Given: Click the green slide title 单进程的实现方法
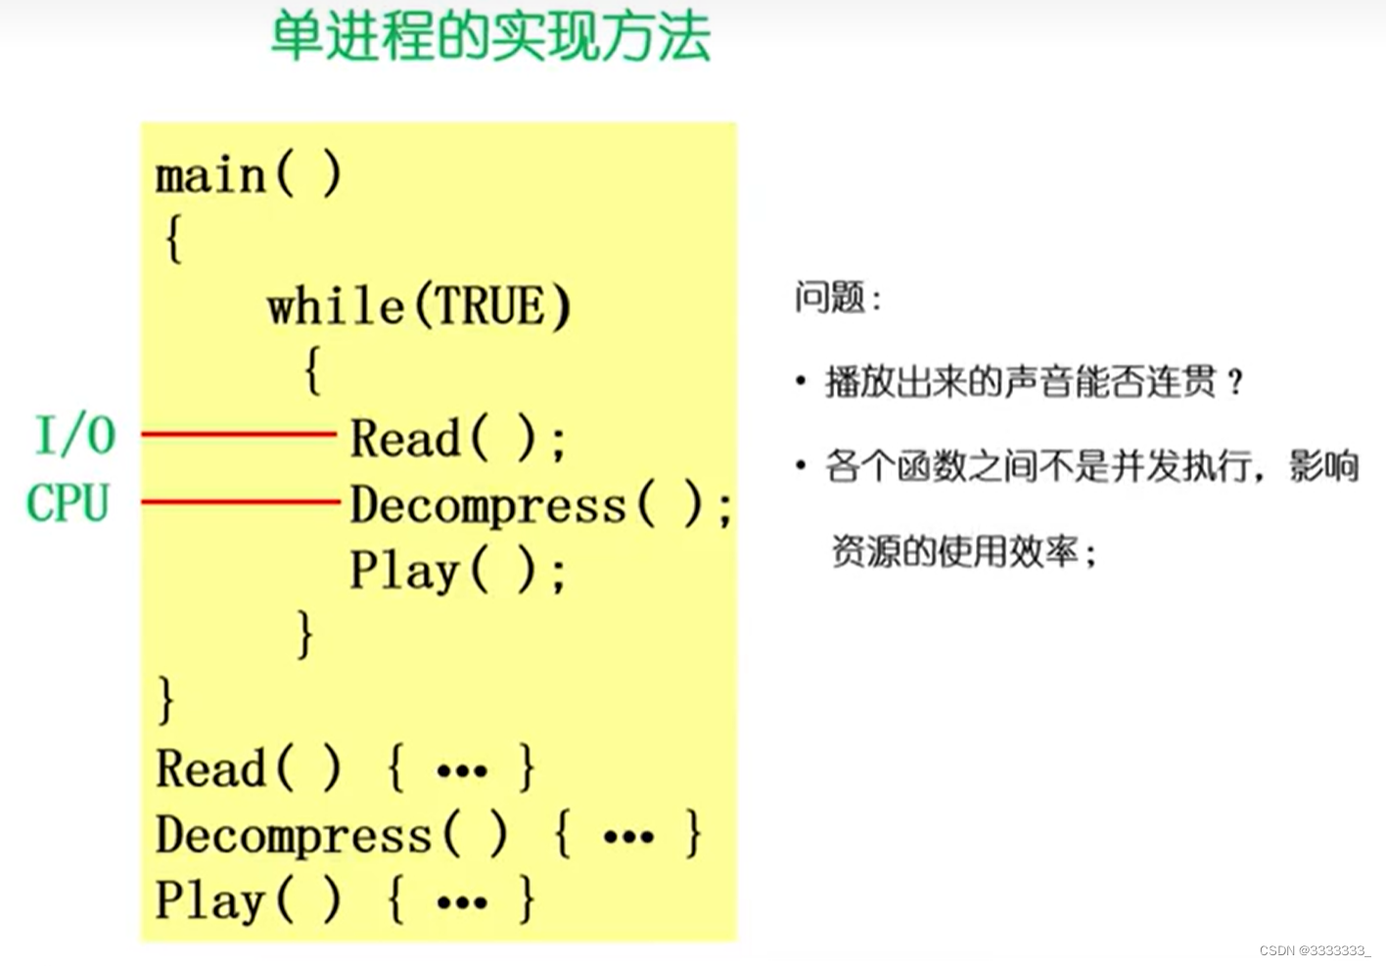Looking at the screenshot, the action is [x=490, y=37].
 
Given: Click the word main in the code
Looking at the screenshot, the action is [x=210, y=176].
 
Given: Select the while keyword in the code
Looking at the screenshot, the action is [x=335, y=306].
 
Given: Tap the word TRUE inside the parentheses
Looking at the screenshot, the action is [x=490, y=306].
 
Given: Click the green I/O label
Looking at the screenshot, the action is [x=75, y=436].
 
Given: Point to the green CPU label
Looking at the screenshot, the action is [x=68, y=503].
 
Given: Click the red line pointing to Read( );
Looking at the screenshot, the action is [x=239, y=433].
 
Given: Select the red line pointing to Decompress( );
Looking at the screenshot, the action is [x=241, y=502].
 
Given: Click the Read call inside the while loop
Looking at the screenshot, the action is [x=405, y=437].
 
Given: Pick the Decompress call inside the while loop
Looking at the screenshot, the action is [x=487, y=505].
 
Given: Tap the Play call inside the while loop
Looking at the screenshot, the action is [x=404, y=571].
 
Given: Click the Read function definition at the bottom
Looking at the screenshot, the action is [x=211, y=768].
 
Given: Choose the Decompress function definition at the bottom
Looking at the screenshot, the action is [x=293, y=835].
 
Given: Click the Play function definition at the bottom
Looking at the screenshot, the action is [x=209, y=900].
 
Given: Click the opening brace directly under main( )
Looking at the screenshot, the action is [x=173, y=238].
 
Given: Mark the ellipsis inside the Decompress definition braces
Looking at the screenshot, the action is [x=628, y=837].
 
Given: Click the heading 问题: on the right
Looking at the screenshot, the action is [x=838, y=298].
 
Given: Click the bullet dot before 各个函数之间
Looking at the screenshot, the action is [x=801, y=466].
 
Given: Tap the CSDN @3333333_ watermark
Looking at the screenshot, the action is [x=1315, y=950].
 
